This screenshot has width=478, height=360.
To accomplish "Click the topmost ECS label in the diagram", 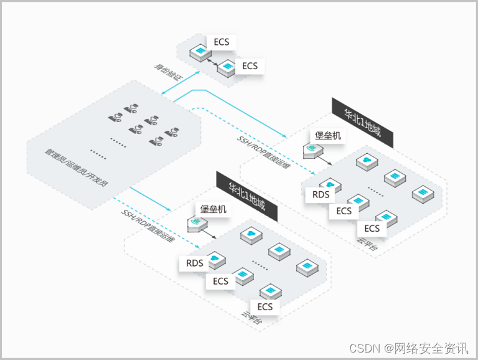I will point(221,42).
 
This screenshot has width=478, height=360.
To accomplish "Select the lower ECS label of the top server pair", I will point(250,65).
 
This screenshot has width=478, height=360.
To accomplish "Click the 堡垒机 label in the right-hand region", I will point(327,135).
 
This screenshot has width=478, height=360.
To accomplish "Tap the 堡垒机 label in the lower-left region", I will point(212,209).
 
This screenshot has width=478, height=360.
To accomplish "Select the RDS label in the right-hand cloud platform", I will point(321,194).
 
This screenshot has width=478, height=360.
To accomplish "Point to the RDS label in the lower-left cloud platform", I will point(195,263).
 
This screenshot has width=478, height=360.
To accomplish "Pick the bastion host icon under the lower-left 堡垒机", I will point(197,223).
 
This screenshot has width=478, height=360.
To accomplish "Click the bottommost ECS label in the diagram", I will point(265,306).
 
